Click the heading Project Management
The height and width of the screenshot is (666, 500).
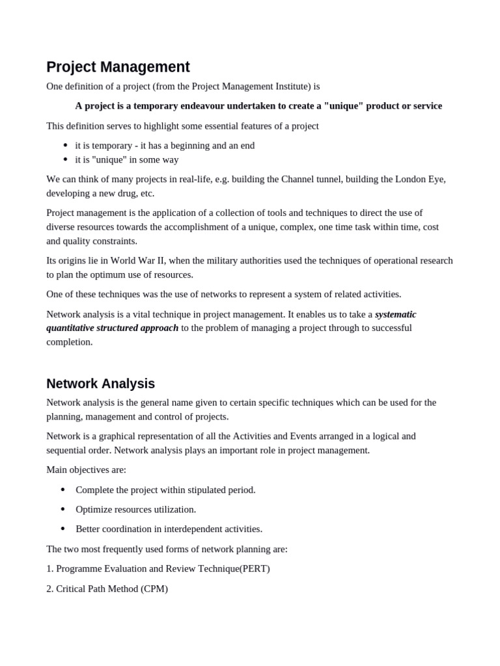(x=118, y=67)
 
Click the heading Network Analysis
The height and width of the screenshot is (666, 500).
(x=100, y=384)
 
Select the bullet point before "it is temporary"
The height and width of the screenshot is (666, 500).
(x=65, y=146)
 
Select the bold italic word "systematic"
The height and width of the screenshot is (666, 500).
(x=395, y=314)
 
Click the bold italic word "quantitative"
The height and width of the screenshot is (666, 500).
(x=72, y=328)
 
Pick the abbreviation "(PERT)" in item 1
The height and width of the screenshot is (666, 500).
(x=255, y=568)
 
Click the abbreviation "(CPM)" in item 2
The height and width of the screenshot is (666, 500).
(x=154, y=589)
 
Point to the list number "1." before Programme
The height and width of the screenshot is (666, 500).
(x=50, y=568)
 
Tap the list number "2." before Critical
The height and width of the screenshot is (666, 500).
(x=50, y=589)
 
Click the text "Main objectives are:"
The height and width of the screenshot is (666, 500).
(x=86, y=470)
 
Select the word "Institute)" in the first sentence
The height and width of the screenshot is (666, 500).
(x=288, y=87)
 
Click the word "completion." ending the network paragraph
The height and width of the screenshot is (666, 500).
(x=70, y=342)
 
